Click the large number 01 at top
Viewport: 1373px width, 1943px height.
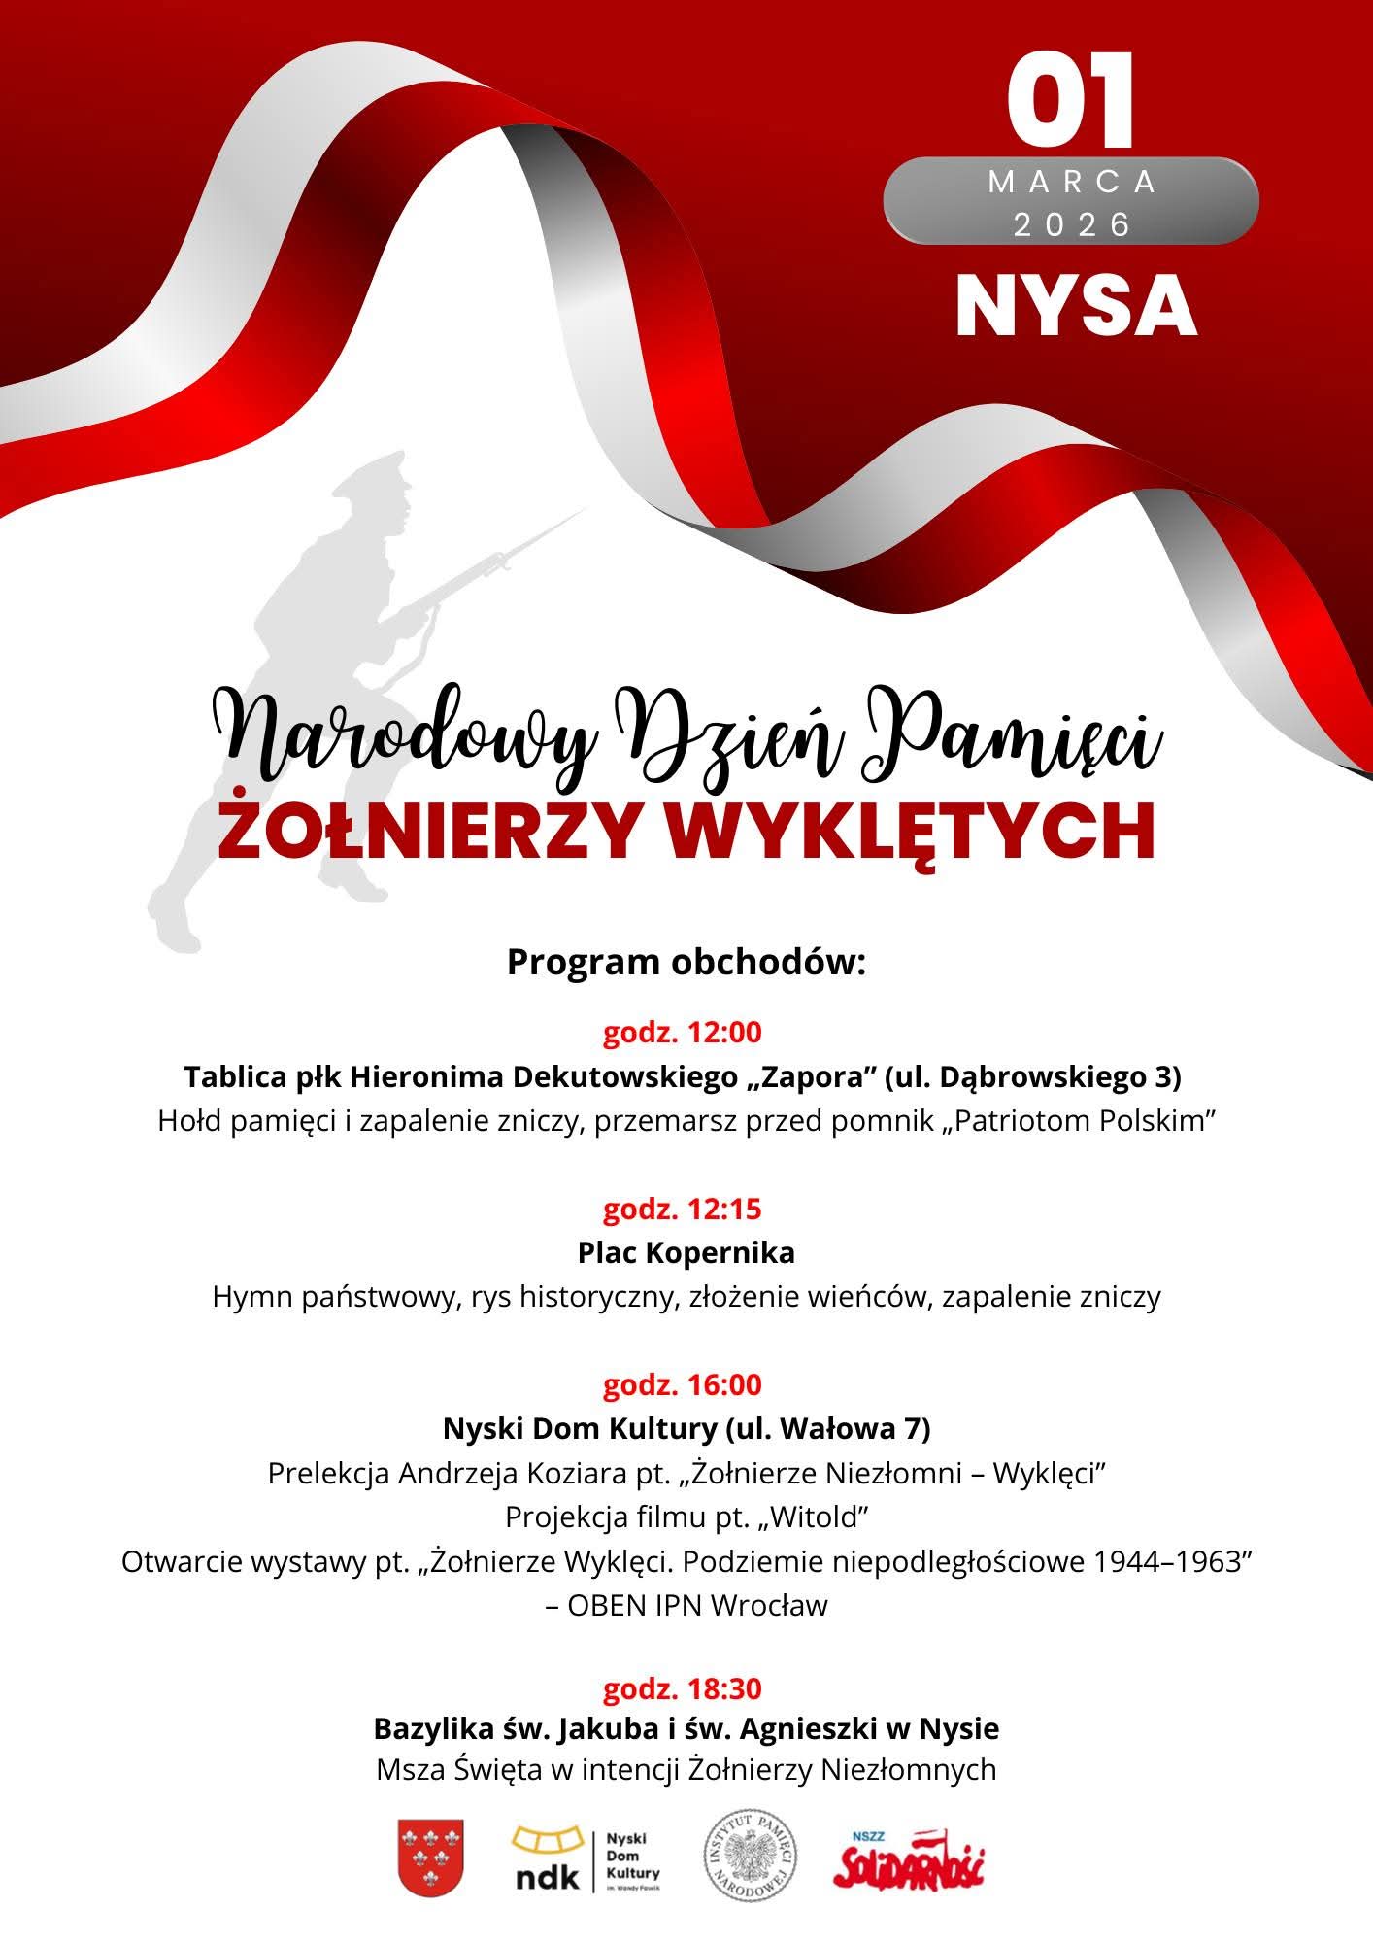(1071, 100)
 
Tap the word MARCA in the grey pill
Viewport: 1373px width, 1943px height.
(1072, 182)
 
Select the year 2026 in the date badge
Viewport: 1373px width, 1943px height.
(1072, 225)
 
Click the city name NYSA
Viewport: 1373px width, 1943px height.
(1075, 306)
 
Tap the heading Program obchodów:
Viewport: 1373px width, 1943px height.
(686, 962)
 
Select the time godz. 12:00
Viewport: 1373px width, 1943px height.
(683, 1032)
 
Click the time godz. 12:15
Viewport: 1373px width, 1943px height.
(683, 1209)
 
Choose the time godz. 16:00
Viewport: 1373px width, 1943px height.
(683, 1384)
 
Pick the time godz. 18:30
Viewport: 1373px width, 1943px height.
(683, 1689)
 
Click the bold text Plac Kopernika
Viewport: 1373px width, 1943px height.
(686, 1252)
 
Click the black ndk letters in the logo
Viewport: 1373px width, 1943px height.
(546, 1875)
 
